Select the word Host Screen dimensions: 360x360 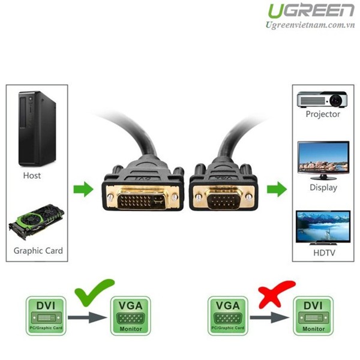pyautogui.click(x=32, y=176)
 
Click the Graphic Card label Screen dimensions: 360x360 pyautogui.click(x=38, y=251)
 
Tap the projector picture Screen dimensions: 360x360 pyautogui.click(x=322, y=99)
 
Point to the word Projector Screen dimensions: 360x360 pyautogui.click(x=323, y=114)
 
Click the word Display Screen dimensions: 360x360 pyautogui.click(x=323, y=188)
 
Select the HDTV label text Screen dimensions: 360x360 pyautogui.click(x=323, y=253)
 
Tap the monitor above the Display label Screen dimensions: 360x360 pyautogui.click(x=323, y=158)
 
